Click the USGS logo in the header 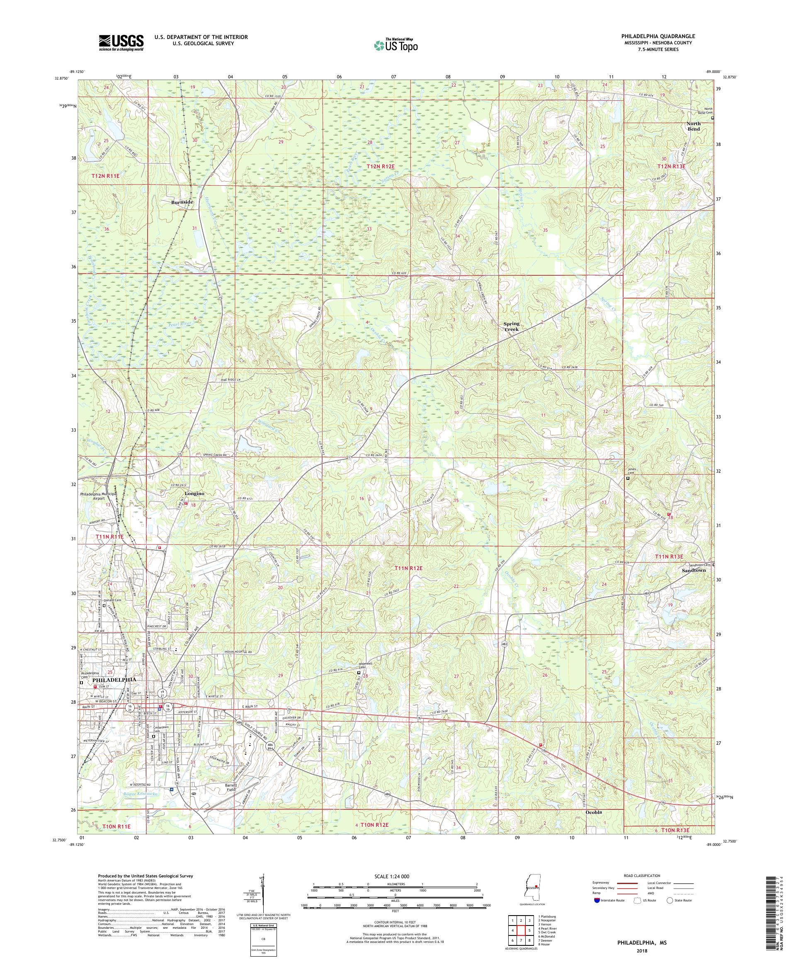coord(121,42)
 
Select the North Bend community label coord(693,126)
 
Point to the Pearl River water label coord(178,324)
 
